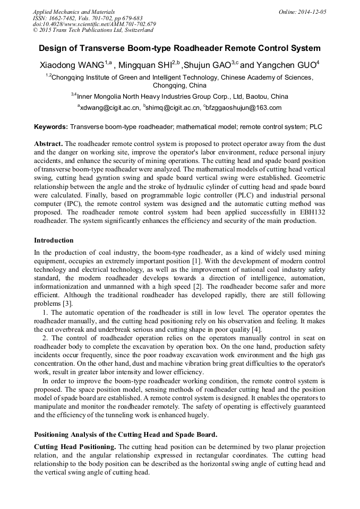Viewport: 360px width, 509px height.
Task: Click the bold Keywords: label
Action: click(x=51, y=127)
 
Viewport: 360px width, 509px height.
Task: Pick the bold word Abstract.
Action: click(x=48, y=144)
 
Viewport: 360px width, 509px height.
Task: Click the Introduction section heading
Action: click(x=54, y=240)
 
